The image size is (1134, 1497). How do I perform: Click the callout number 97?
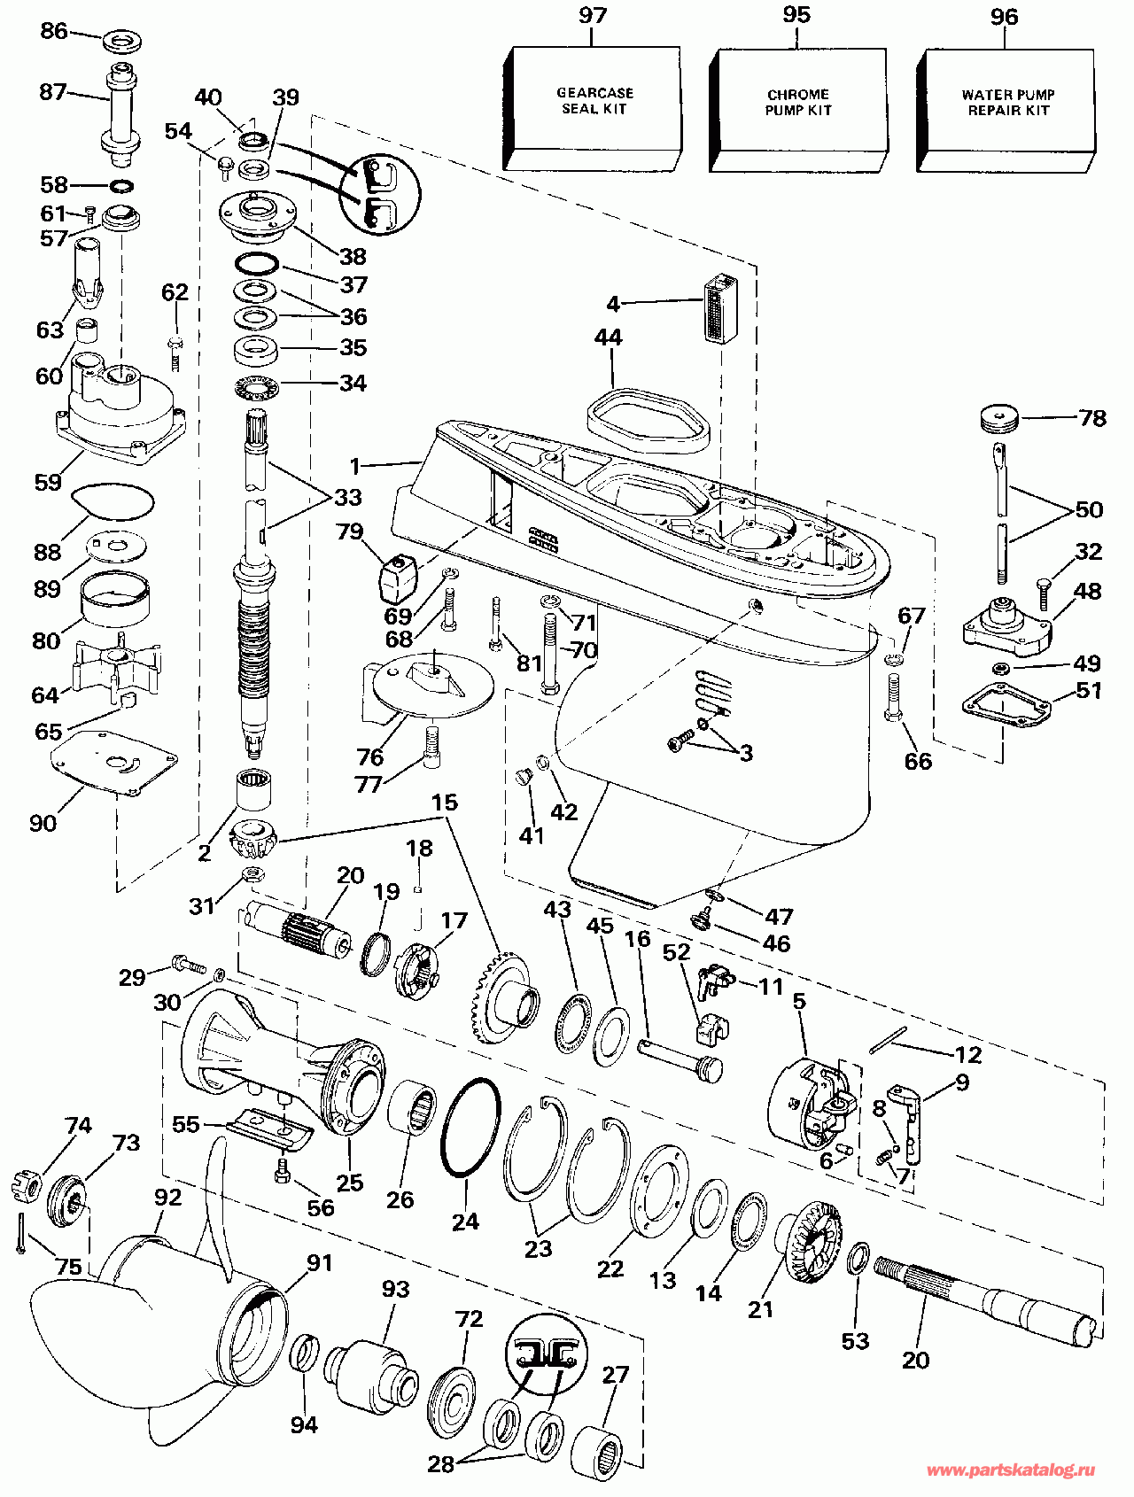(x=594, y=17)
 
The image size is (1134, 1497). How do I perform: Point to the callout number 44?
(x=609, y=337)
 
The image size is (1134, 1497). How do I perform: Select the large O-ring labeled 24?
(x=470, y=1127)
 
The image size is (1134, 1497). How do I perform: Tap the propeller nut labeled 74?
(x=27, y=1184)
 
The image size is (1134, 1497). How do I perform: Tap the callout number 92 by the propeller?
(x=167, y=1198)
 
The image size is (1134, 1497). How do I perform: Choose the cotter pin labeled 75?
(x=19, y=1233)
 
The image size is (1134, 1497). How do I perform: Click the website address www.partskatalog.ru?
(x=1011, y=1470)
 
